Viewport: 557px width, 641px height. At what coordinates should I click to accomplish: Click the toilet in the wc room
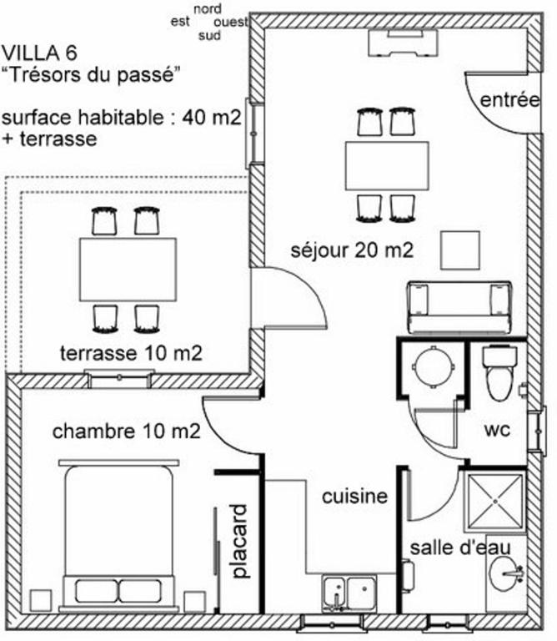tap(499, 373)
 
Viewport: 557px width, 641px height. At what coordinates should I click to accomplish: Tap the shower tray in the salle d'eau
tap(495, 501)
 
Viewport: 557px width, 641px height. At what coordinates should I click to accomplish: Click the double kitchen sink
tap(349, 593)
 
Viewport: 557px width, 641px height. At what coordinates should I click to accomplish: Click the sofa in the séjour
tap(459, 307)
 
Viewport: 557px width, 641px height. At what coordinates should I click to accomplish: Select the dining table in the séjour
tap(387, 165)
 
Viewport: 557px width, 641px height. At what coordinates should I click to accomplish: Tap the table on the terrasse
tap(128, 270)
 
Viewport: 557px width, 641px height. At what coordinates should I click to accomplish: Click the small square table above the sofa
tap(459, 250)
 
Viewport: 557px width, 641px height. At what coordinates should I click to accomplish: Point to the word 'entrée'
tap(509, 100)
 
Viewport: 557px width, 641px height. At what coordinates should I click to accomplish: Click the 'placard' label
tap(239, 541)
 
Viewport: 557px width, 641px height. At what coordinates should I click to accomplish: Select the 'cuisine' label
tap(354, 497)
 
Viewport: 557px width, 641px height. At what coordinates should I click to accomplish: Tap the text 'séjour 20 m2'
tap(352, 250)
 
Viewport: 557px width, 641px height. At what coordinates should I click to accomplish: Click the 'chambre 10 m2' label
tap(126, 432)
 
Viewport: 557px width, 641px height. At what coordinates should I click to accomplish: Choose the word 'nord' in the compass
tap(208, 8)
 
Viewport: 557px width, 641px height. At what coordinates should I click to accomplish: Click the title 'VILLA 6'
tap(39, 53)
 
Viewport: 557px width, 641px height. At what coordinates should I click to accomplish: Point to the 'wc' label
tap(497, 430)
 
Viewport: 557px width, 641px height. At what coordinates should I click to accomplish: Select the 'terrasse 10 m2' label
tap(131, 353)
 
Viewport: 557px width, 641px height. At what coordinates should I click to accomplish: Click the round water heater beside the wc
tap(433, 366)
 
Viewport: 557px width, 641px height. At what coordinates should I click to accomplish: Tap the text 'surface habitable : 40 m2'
tap(121, 118)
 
